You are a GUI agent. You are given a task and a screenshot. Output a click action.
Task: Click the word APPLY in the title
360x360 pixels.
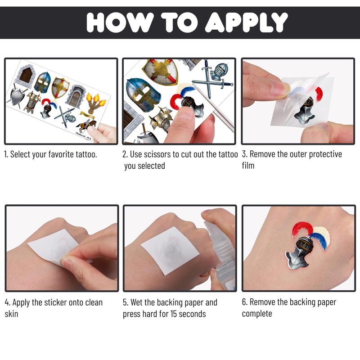click(246, 22)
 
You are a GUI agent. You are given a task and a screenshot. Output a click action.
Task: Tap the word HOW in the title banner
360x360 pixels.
click(120, 22)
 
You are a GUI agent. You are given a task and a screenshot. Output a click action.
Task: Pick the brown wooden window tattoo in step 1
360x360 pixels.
click(25, 75)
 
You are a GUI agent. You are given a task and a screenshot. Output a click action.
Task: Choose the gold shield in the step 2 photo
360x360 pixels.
click(160, 72)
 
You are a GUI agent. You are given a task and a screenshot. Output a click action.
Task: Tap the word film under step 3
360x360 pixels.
click(248, 165)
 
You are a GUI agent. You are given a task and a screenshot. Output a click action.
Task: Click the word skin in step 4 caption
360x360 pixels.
click(12, 314)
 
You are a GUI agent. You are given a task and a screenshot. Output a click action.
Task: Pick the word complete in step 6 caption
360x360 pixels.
click(257, 314)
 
